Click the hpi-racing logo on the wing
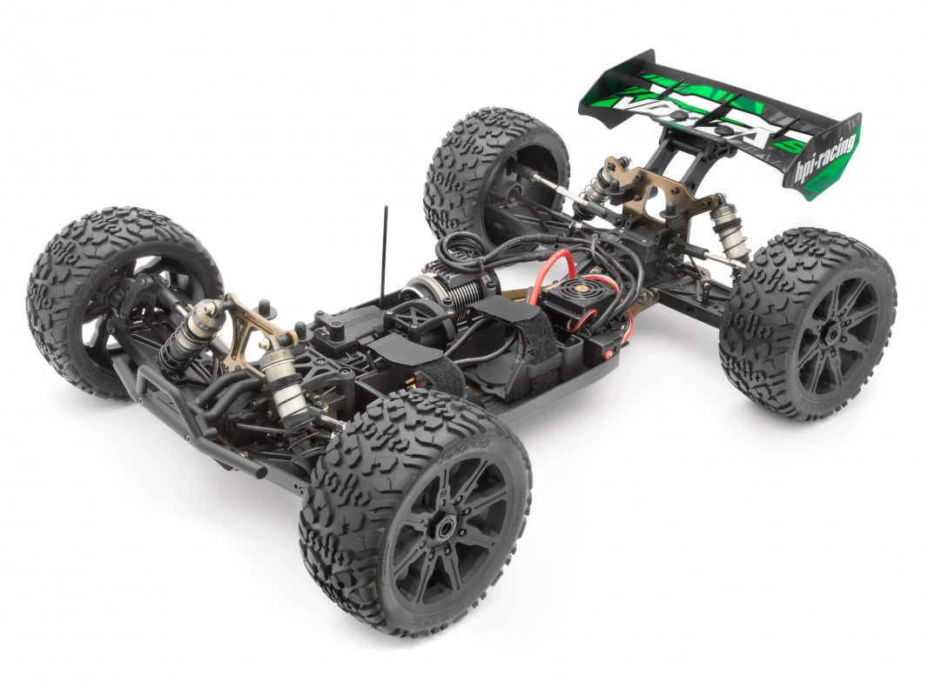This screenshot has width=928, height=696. coord(825,156)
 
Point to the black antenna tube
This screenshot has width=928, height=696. coord(382,252)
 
